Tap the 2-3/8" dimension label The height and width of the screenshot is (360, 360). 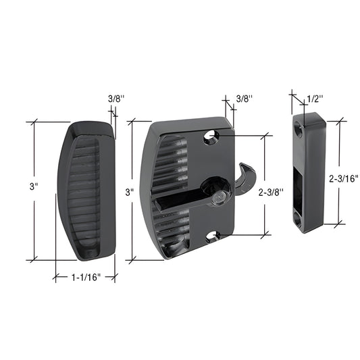(272, 192)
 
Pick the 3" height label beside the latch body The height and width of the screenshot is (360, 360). (130, 192)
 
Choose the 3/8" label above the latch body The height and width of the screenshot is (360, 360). (245, 99)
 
